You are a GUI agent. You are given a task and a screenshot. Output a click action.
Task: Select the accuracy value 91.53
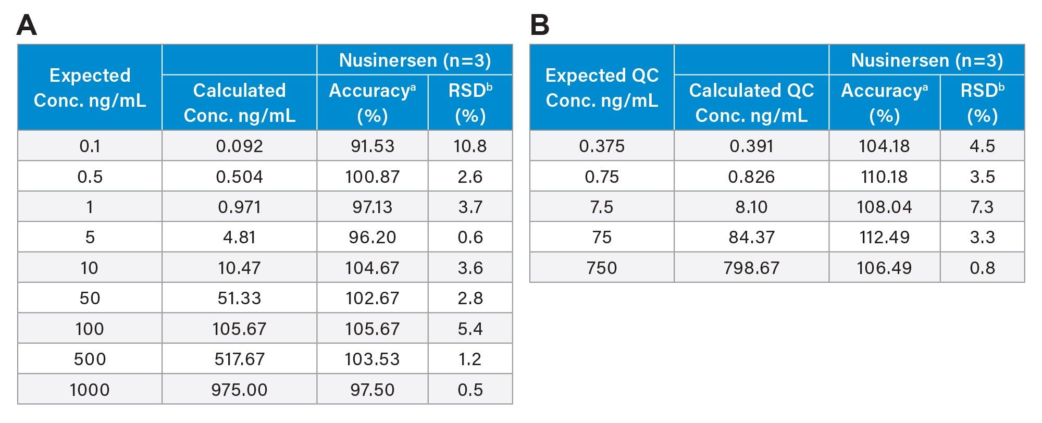click(372, 146)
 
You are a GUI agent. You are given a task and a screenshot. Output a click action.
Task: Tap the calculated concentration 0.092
click(239, 146)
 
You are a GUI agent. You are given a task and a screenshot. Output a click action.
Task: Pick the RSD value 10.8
click(470, 146)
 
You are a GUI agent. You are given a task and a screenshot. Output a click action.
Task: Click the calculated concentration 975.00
click(239, 390)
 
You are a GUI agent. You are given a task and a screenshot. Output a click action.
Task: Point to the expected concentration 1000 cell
click(90, 390)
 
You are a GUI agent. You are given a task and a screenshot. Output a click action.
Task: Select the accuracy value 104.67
click(372, 268)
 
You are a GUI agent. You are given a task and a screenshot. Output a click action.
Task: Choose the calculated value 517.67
click(239, 359)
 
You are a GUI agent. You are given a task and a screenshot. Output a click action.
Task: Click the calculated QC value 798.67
click(751, 268)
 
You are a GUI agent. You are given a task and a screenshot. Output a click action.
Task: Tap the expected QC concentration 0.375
click(602, 146)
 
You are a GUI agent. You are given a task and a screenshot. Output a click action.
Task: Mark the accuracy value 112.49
click(884, 237)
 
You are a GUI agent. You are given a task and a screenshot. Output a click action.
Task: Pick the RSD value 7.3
click(982, 207)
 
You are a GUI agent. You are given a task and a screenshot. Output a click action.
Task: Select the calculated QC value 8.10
click(751, 207)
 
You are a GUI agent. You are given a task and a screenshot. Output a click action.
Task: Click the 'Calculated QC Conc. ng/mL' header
click(751, 103)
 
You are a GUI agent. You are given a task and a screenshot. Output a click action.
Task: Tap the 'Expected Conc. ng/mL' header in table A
click(90, 88)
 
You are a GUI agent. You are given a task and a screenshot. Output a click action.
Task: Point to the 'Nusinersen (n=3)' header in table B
click(927, 60)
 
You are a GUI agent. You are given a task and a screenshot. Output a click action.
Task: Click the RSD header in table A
click(470, 103)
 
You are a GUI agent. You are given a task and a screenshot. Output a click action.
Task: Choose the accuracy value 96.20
click(372, 237)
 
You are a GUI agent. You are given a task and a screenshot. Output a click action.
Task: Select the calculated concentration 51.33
click(239, 298)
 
